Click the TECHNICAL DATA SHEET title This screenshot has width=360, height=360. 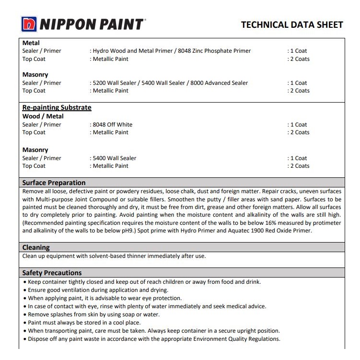[x=291, y=24]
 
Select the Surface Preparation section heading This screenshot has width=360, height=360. [x=54, y=183]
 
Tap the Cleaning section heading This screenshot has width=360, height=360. [x=36, y=247]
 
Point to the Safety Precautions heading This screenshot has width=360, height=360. [x=52, y=273]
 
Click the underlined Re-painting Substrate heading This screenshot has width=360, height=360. [x=57, y=107]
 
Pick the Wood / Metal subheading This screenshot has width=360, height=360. [x=43, y=116]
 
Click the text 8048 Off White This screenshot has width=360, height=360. [x=112, y=125]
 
